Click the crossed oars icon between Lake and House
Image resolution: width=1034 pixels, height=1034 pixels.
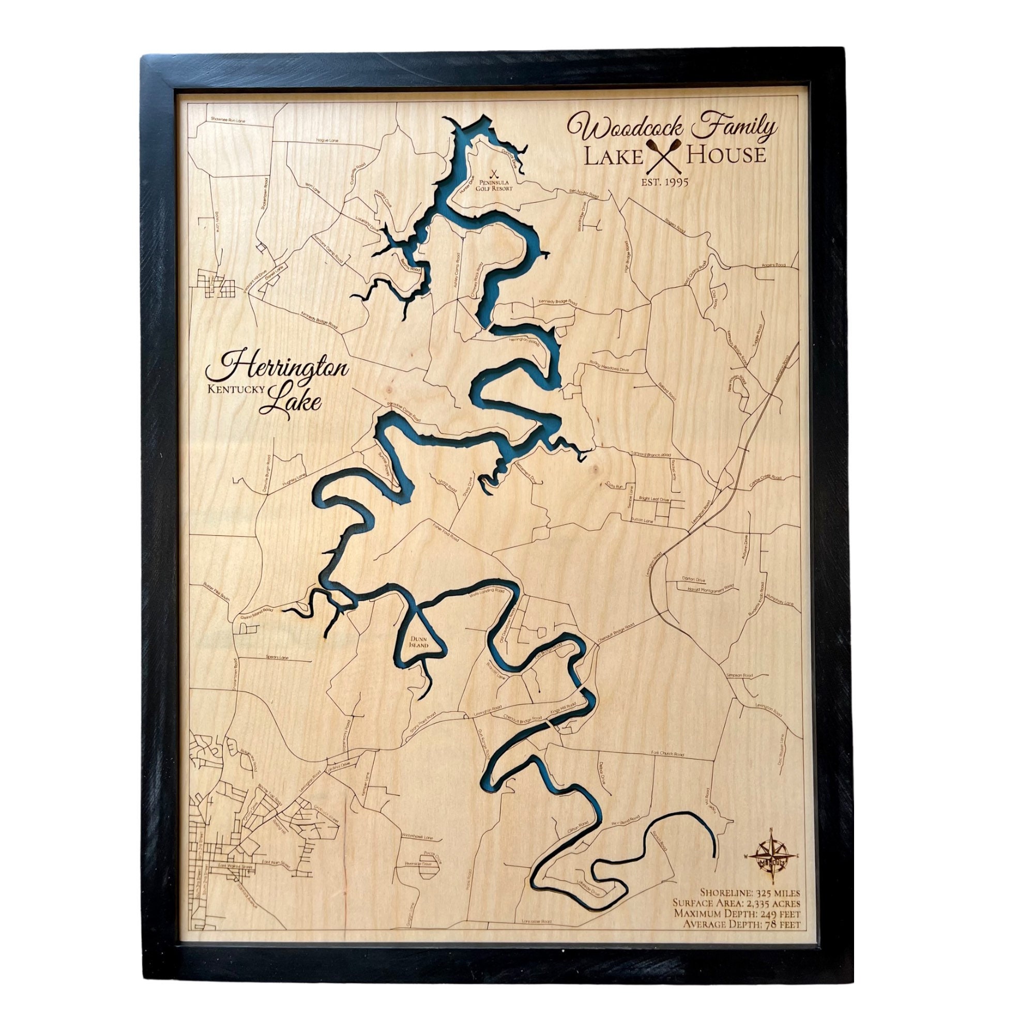[x=664, y=156]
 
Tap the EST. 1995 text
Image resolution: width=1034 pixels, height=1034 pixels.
[x=665, y=182]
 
